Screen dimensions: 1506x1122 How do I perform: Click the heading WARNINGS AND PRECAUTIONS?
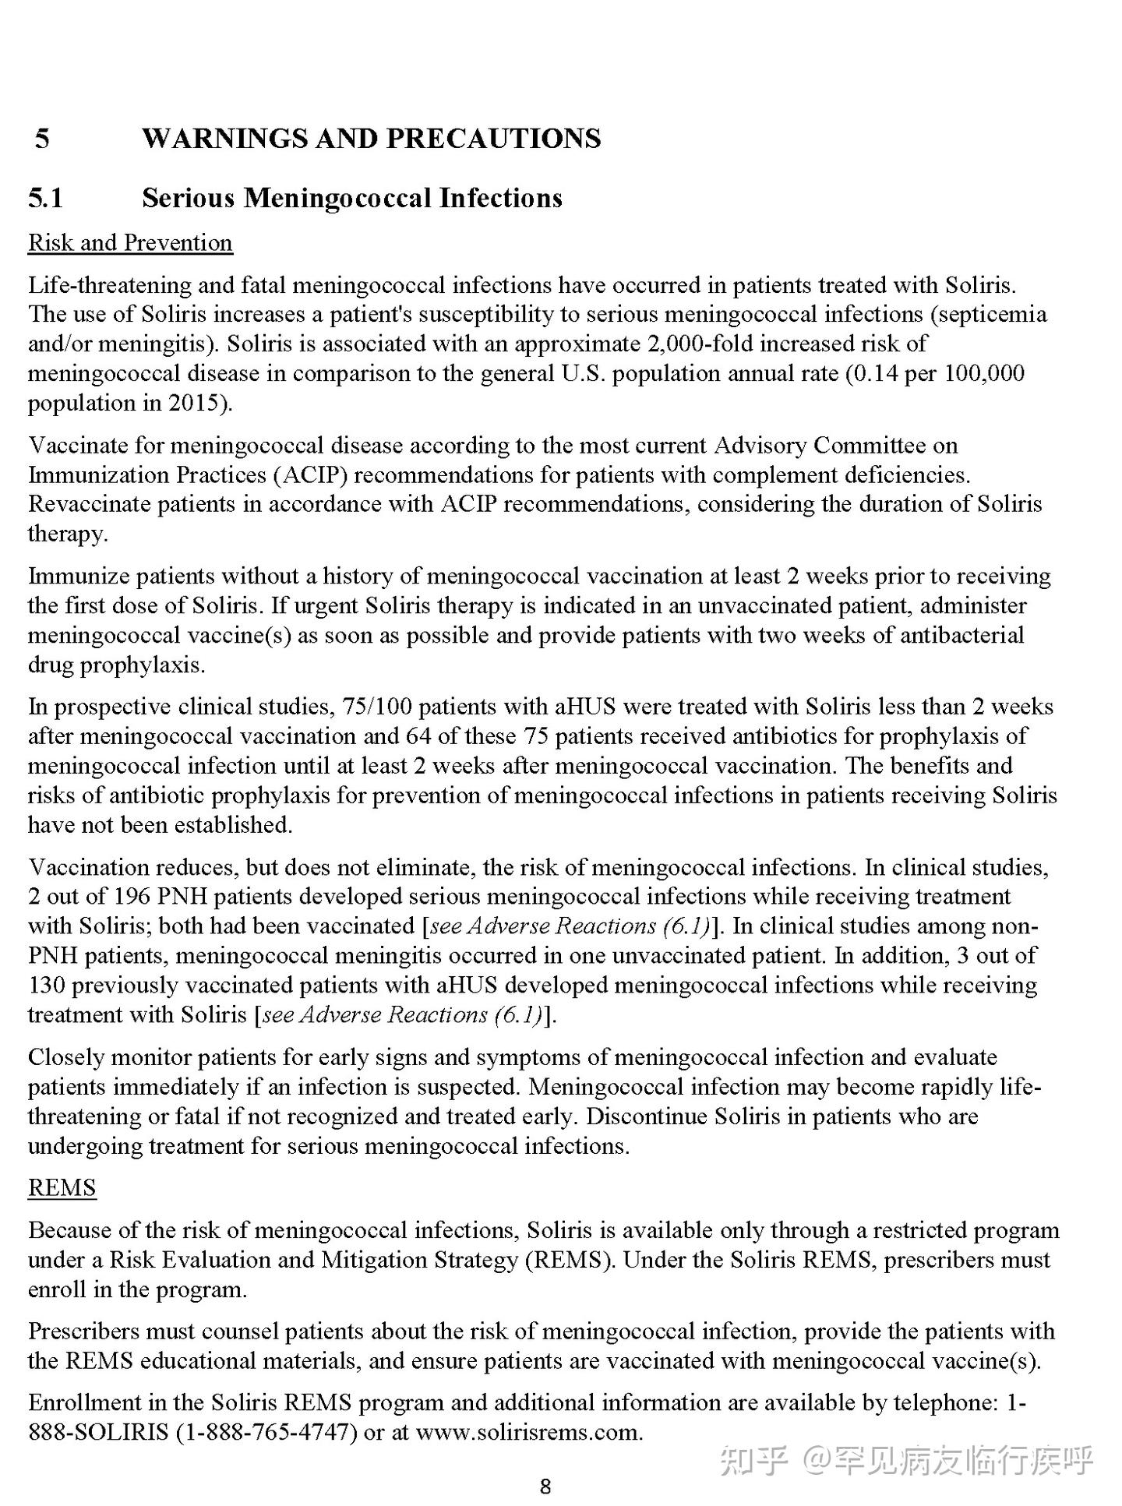click(x=371, y=138)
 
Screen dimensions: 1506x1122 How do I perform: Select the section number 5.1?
click(x=45, y=197)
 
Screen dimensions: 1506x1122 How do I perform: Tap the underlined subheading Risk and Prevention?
click(x=130, y=243)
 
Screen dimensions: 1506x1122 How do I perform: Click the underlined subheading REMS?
click(x=62, y=1187)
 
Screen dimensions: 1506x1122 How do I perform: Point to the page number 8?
click(x=545, y=1487)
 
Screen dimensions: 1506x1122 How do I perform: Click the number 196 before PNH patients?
click(x=132, y=896)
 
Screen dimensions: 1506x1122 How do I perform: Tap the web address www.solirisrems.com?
click(x=527, y=1432)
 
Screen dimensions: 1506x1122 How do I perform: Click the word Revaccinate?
click(x=90, y=504)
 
